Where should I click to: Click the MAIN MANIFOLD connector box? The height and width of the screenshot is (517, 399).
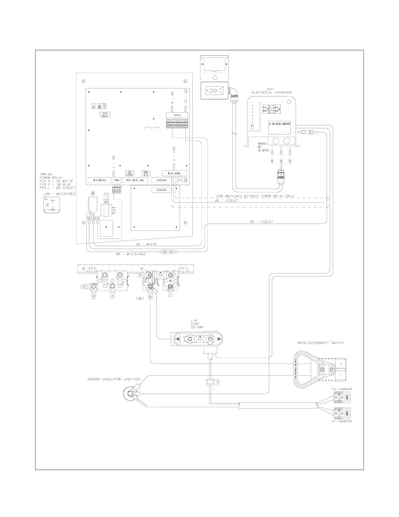[x=99, y=180]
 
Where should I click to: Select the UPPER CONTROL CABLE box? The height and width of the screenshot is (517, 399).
[x=135, y=180]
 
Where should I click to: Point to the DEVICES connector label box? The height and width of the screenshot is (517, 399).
[x=177, y=115]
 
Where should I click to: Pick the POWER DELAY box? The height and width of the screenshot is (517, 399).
[x=145, y=173]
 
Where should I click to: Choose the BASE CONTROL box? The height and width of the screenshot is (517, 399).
[x=129, y=173]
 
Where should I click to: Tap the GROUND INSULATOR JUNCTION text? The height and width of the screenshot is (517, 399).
[x=113, y=379]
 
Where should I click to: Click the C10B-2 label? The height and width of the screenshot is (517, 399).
[x=139, y=298]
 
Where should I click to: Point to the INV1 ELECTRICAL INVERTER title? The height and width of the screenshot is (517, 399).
[x=271, y=91]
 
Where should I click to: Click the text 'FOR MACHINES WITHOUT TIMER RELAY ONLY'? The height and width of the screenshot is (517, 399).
[x=255, y=196]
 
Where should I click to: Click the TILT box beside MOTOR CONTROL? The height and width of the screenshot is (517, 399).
[x=180, y=180]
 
